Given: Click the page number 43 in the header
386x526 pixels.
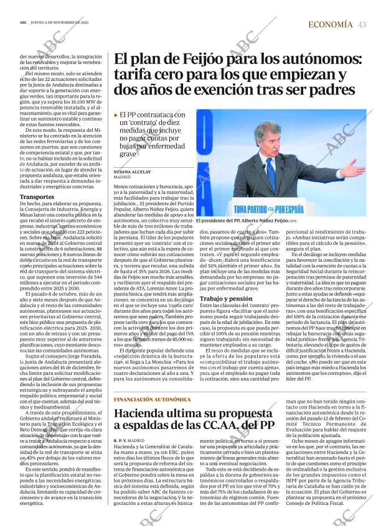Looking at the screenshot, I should coord(362,24).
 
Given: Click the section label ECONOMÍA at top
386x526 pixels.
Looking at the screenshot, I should coord(331,24).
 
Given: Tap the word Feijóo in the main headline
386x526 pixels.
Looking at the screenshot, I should coord(194,60).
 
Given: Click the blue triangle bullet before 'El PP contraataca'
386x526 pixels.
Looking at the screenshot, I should coord(116,116).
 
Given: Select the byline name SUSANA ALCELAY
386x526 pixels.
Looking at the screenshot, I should coord(133,172).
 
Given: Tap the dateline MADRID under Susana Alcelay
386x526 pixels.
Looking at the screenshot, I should coord(122,177).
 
